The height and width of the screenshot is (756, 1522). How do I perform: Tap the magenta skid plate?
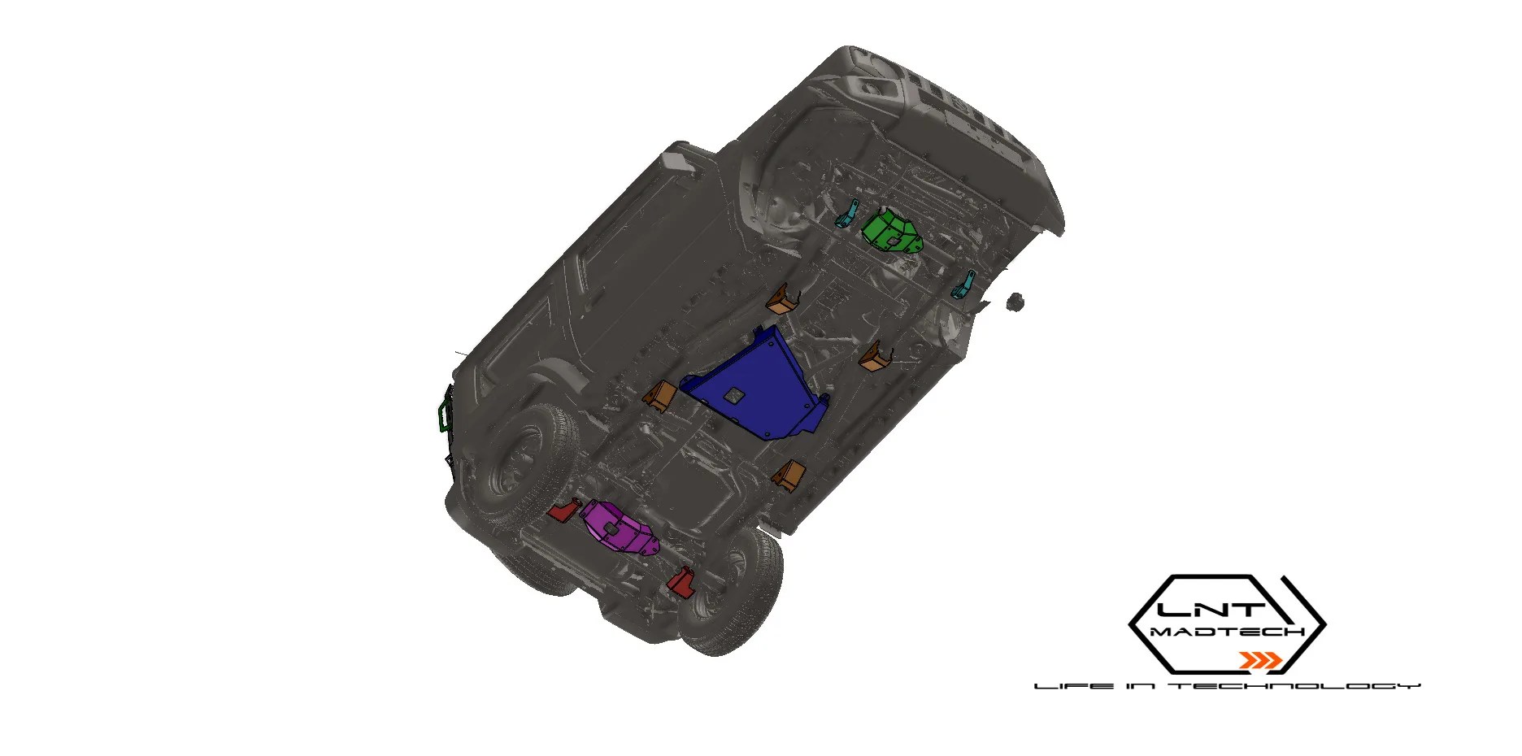618,528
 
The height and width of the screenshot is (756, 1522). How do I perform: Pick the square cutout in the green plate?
892,240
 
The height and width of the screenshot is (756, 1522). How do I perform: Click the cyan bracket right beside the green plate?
848,213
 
